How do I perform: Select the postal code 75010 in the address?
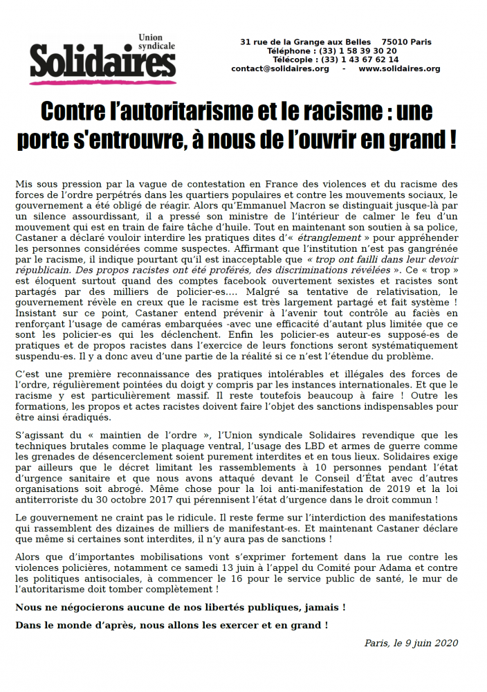click(395, 42)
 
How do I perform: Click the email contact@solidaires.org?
click(279, 69)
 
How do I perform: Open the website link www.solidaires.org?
click(399, 69)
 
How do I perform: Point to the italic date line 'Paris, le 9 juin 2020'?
click(411, 643)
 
